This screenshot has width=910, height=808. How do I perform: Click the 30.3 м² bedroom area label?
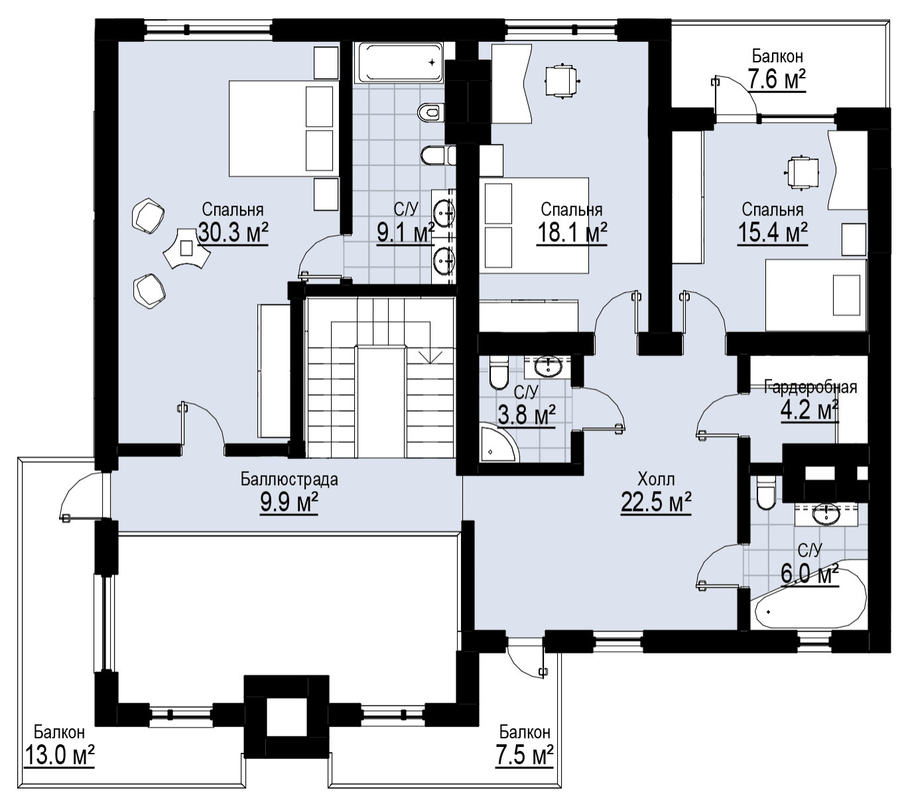point(233,232)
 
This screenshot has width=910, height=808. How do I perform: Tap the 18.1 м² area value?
point(572,232)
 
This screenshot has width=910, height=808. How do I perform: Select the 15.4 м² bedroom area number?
point(773,232)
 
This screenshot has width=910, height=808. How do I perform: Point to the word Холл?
point(656,480)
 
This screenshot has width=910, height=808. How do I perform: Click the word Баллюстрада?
point(289,480)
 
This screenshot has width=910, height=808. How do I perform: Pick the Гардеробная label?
point(811,387)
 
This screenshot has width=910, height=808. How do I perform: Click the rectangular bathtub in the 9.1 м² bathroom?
point(399,62)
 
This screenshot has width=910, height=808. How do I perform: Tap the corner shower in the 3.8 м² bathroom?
point(498,443)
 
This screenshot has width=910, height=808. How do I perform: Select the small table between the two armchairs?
point(186,248)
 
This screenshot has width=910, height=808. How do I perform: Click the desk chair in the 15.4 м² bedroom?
point(802,170)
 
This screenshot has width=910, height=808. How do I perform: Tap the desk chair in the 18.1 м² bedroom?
point(561,80)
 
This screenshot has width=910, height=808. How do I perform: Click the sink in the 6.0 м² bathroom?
point(826,515)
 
